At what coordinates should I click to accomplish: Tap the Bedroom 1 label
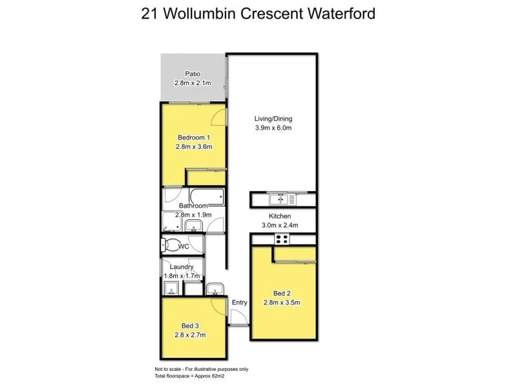coord(193,137)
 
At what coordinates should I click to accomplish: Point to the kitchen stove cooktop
coord(282,239)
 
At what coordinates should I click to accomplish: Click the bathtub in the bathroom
coord(205,196)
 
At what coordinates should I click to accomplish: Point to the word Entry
coord(239,302)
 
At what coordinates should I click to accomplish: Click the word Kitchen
coord(280,216)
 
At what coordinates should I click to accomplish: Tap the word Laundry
coord(182,266)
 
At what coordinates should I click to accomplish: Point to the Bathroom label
coord(193,205)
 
